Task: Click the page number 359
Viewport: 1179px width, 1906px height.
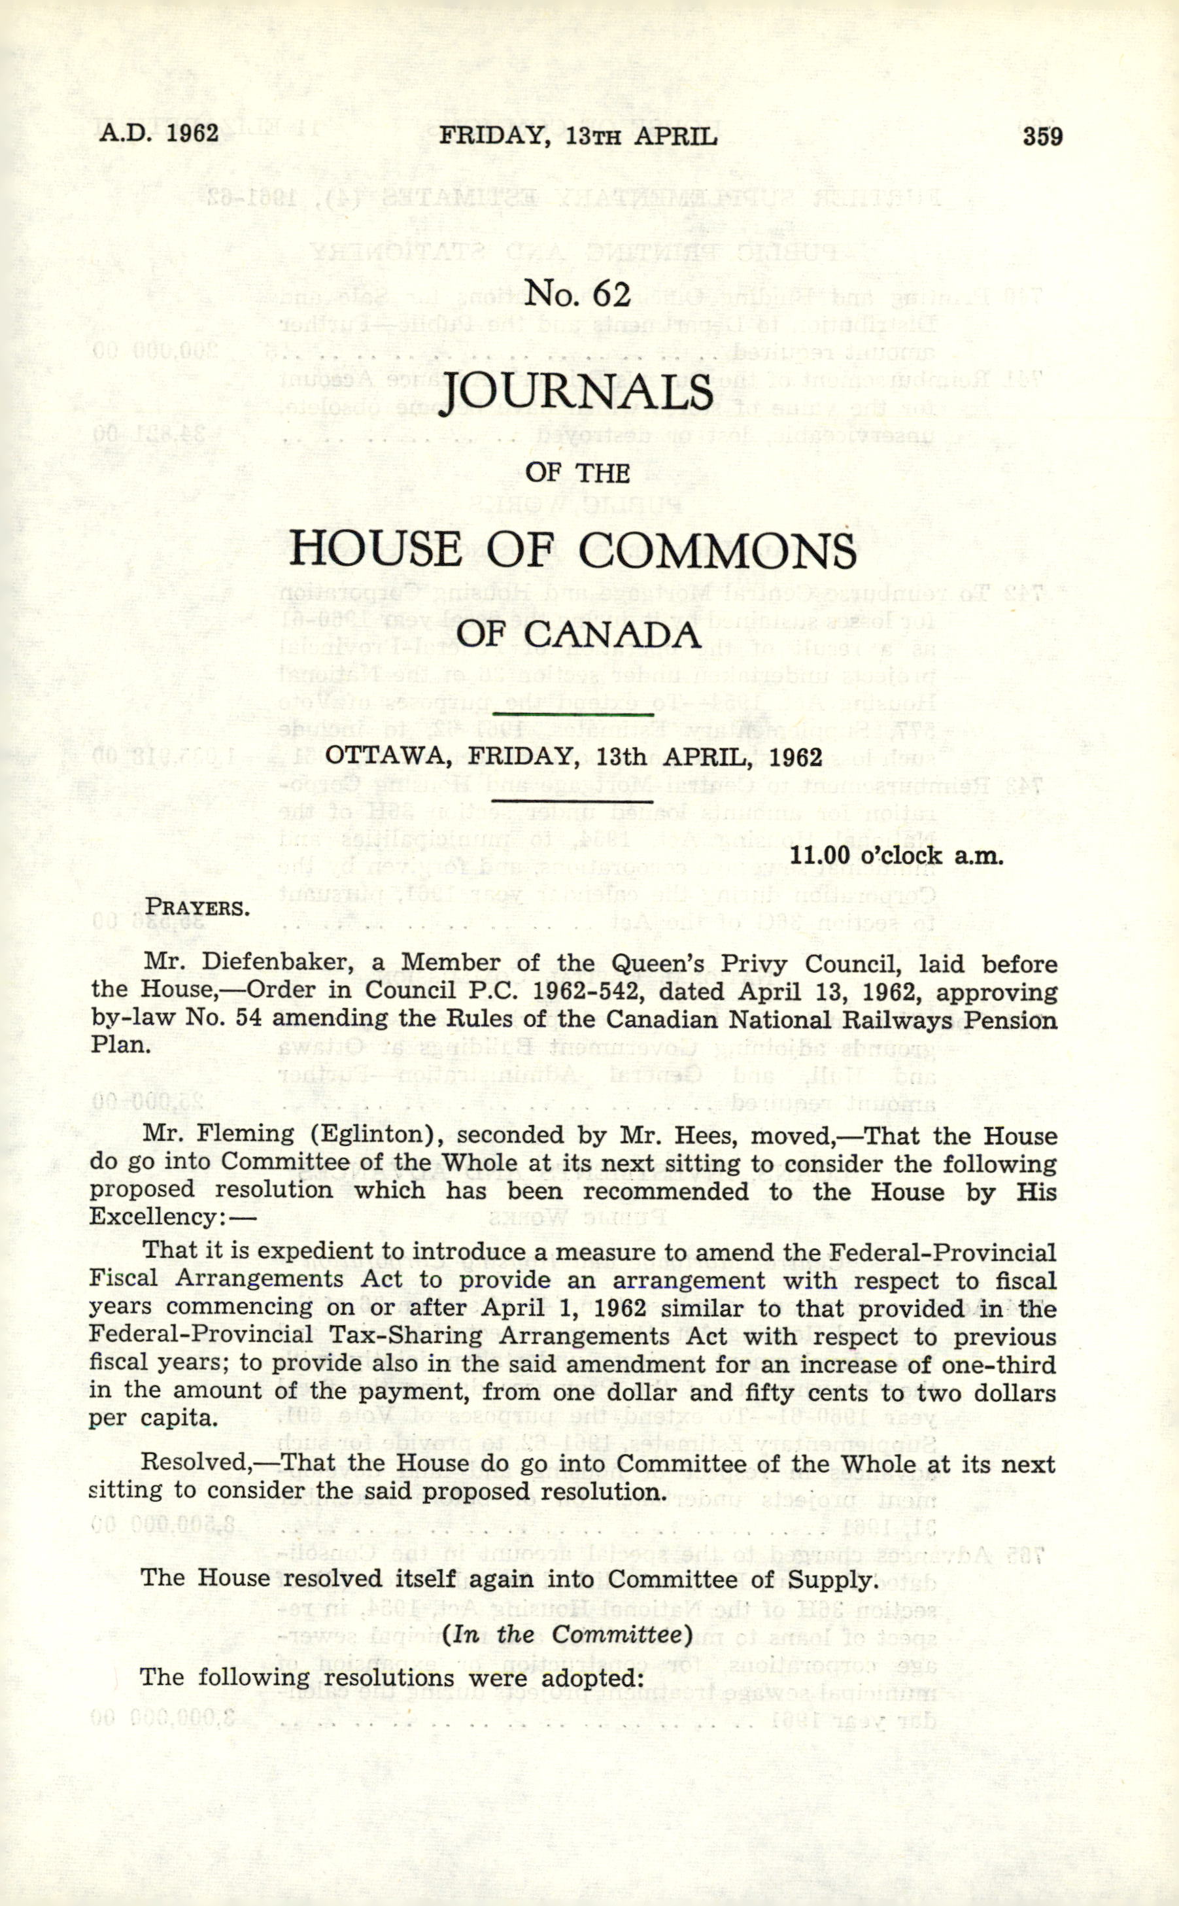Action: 1042,137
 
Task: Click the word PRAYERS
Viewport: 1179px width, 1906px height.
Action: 197,909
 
